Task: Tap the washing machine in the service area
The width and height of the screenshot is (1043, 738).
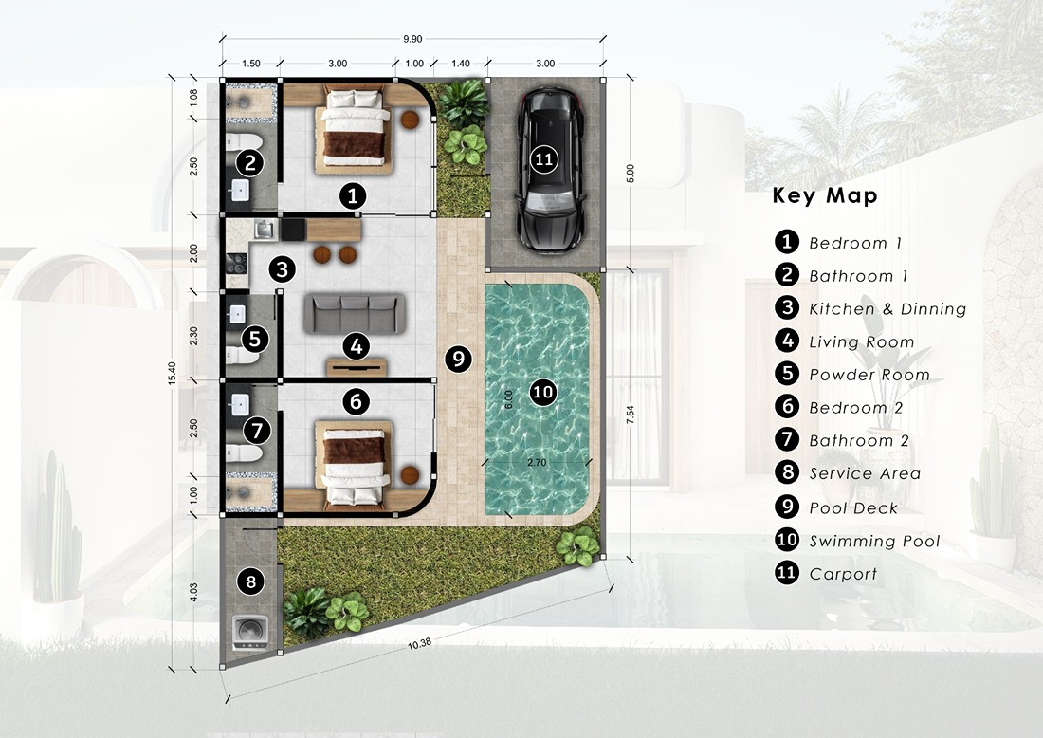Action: tap(250, 632)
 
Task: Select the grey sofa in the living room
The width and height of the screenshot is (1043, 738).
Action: tap(355, 313)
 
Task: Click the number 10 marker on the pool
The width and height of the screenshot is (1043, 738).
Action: tap(543, 392)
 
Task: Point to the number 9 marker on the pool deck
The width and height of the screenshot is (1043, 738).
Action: tap(458, 360)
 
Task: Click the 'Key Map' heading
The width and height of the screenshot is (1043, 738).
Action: tap(825, 195)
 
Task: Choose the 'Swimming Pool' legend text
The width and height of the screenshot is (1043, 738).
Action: tap(875, 541)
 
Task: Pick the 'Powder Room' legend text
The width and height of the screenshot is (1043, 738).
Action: tap(869, 375)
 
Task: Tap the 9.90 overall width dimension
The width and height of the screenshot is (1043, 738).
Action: tap(412, 39)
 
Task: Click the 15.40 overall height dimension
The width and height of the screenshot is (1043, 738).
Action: tap(172, 374)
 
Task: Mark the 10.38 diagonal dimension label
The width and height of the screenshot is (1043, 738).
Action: tap(420, 643)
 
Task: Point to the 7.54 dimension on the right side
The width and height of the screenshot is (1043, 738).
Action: tap(631, 415)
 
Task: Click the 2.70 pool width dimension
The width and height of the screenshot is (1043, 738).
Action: tap(536, 462)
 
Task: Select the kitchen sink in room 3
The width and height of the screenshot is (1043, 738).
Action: tap(265, 230)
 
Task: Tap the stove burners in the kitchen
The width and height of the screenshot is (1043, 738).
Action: tap(236, 263)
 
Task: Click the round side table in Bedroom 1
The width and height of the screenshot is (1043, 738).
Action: tap(410, 120)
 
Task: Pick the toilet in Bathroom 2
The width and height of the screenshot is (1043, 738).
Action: tap(243, 453)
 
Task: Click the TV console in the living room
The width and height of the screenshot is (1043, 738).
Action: tap(357, 367)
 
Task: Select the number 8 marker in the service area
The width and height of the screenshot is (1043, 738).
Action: tap(250, 582)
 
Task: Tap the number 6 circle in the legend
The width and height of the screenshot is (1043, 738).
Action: tap(787, 407)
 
